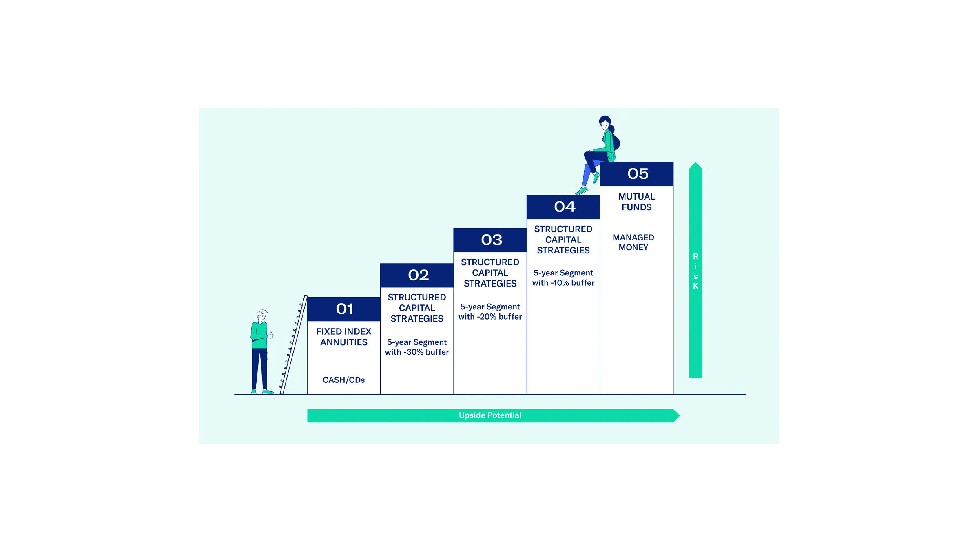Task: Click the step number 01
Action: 344,309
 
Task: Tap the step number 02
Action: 418,275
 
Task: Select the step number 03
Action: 491,240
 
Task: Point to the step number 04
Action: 565,207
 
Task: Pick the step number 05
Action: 638,174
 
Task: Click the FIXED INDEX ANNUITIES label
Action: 343,337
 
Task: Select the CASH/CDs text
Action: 343,380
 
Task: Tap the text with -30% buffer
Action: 417,352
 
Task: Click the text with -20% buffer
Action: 490,316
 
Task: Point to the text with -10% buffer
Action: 563,282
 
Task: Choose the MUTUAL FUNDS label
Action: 636,202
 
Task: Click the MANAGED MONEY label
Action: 633,242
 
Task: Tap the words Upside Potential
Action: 490,415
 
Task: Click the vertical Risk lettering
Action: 695,271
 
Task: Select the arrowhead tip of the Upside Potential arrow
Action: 680,415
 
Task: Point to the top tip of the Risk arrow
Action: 695,162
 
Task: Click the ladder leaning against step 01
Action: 293,345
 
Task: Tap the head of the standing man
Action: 262,316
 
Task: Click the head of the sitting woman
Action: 605,122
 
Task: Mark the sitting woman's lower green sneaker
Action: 581,191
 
